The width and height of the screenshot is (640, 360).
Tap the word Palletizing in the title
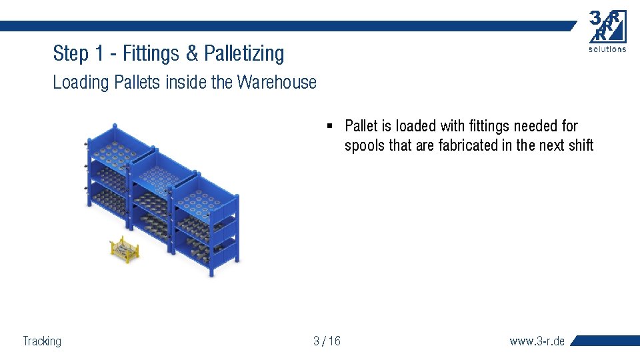[244, 53]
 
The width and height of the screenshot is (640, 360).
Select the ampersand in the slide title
[193, 53]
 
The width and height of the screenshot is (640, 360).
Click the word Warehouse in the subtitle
[277, 83]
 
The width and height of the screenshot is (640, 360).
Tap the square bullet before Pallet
[329, 125]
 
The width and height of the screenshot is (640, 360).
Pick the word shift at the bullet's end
[581, 145]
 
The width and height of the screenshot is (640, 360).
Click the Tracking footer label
[42, 341]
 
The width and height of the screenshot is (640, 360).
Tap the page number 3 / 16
[327, 341]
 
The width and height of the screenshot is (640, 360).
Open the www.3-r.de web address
[537, 341]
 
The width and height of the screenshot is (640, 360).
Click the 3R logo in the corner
[607, 27]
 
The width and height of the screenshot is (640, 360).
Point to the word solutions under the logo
[607, 49]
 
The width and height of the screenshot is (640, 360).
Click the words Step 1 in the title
[73, 53]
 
